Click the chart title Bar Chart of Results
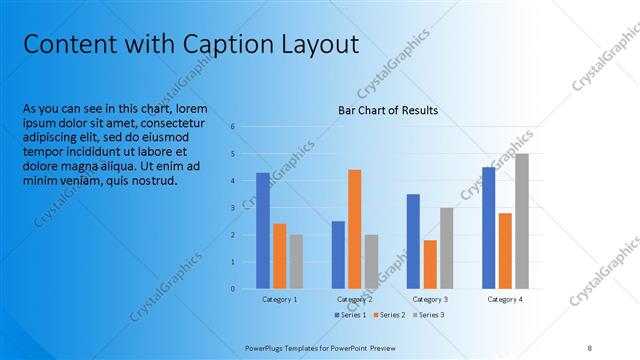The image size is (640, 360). [x=388, y=109]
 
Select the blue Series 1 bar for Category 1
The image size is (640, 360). [x=263, y=230]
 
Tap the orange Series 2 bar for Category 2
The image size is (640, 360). [x=355, y=229]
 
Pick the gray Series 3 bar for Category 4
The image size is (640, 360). [x=523, y=221]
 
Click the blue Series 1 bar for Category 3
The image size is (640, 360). [x=413, y=241]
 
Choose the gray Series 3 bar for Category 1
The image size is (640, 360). [x=296, y=261]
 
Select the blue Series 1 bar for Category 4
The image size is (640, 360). [x=489, y=228]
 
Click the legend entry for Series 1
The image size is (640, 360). [x=350, y=315]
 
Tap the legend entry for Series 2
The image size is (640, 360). [x=389, y=315]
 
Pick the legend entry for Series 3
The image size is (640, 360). [x=427, y=315]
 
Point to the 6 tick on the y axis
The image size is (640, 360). [x=232, y=127]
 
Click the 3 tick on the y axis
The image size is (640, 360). [x=232, y=208]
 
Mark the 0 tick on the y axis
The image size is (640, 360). [x=232, y=289]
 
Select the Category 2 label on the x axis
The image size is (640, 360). [x=355, y=299]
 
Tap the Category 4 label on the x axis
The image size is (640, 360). [x=505, y=299]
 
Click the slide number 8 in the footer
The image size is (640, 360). [x=590, y=347]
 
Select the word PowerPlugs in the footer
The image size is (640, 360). [x=265, y=347]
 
